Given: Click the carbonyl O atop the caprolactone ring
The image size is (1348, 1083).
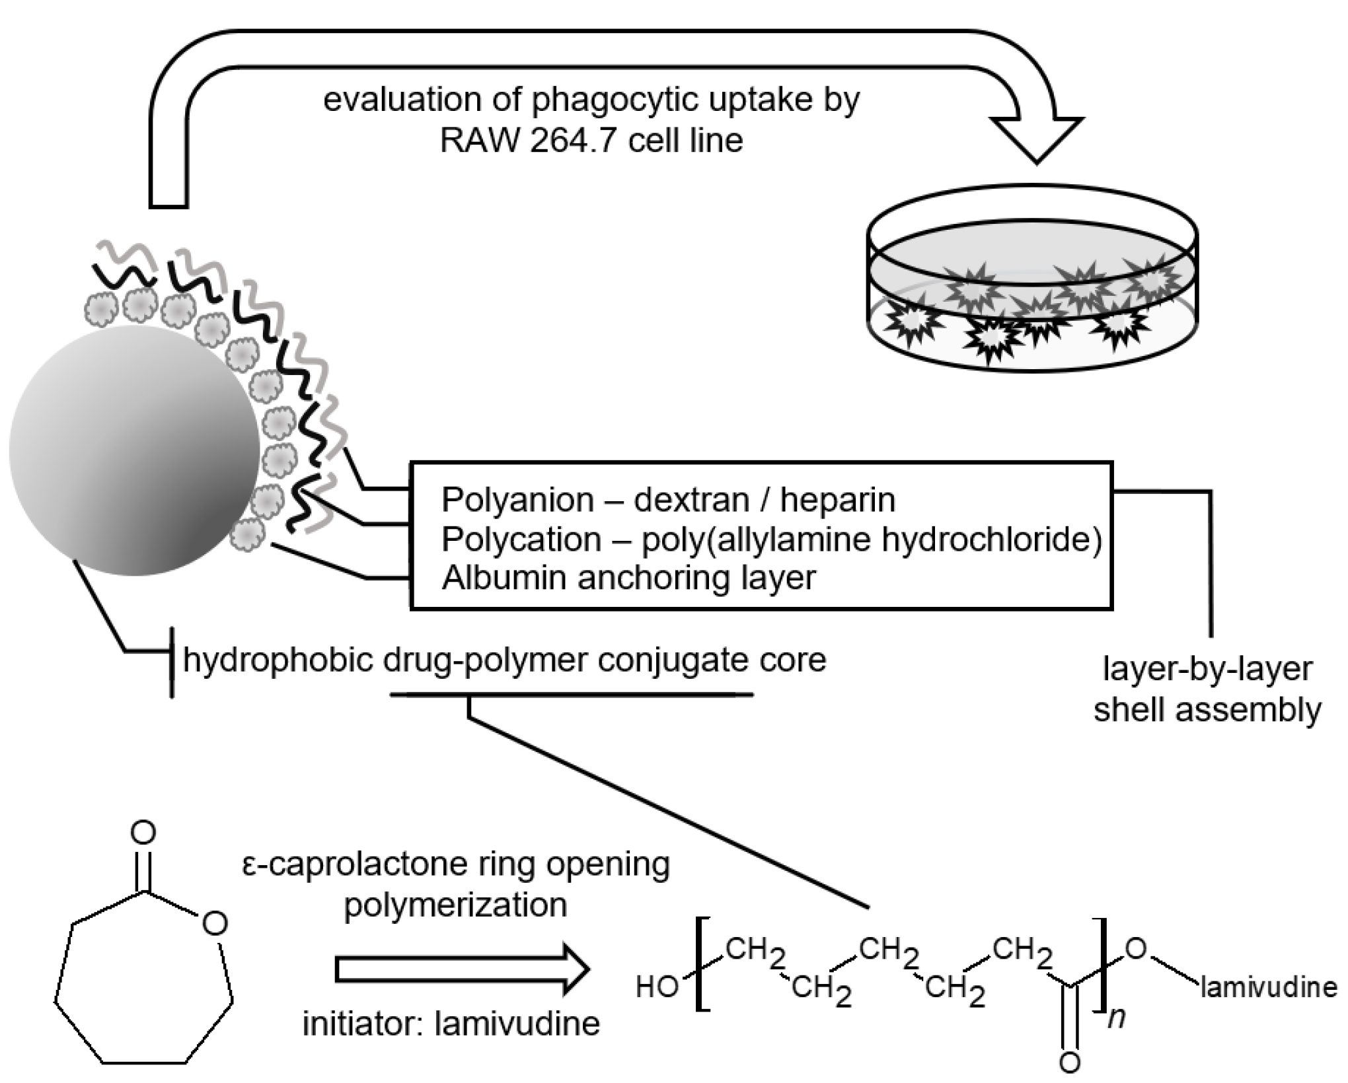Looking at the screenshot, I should click(x=143, y=833).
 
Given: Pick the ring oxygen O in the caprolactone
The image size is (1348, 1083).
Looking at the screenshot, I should click(x=215, y=923).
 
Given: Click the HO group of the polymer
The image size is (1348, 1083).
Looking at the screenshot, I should click(x=656, y=987).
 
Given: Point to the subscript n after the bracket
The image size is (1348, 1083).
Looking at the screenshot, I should click(x=1116, y=1018).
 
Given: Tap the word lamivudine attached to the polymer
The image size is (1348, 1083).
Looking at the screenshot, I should click(x=1269, y=988).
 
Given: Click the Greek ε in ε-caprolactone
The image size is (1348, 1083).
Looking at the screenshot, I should click(x=248, y=865).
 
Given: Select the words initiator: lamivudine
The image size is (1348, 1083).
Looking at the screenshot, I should click(x=451, y=1024).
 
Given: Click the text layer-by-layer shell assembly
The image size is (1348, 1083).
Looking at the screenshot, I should click(x=1207, y=689).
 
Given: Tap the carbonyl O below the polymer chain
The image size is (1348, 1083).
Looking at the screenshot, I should click(x=1069, y=1062).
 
